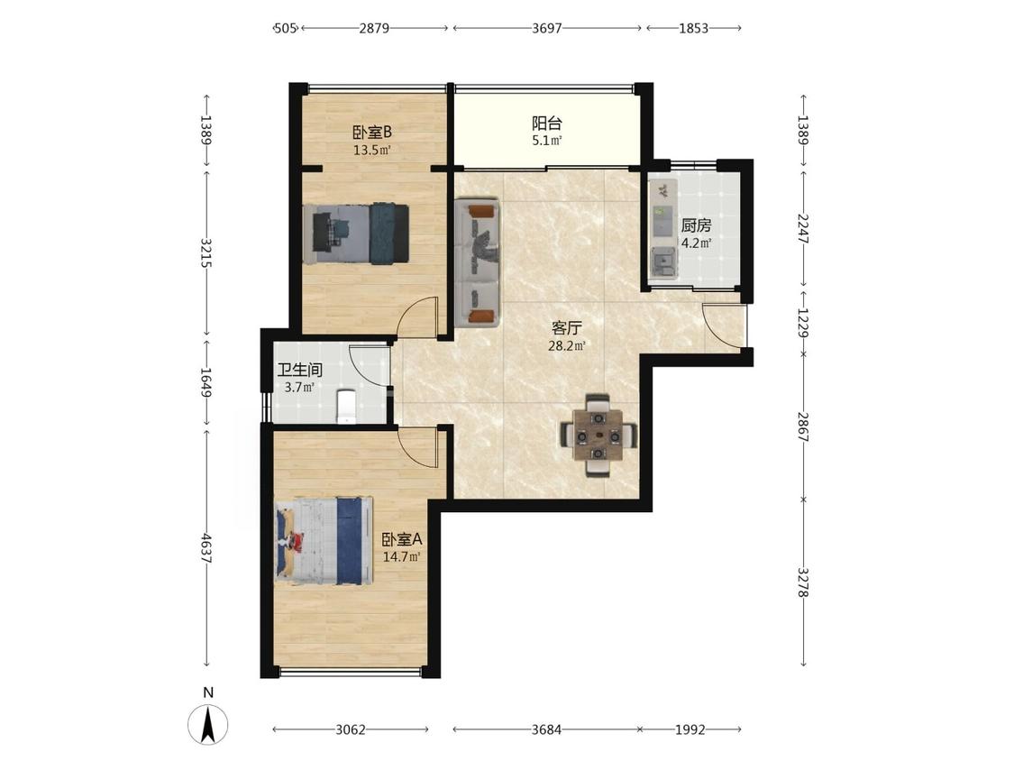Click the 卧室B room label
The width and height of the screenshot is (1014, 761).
pyautogui.click(x=372, y=132)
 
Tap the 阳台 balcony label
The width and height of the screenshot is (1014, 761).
pyautogui.click(x=546, y=123)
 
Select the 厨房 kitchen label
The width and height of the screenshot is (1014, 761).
pyautogui.click(x=696, y=225)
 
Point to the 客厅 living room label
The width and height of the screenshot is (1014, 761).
pyautogui.click(x=567, y=327)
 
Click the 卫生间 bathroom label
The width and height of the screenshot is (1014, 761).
pyautogui.click(x=299, y=371)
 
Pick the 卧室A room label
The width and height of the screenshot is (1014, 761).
pyautogui.click(x=402, y=538)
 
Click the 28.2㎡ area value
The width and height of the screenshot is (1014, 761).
pyautogui.click(x=567, y=346)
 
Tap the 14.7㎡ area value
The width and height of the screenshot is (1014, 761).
pyautogui.click(x=402, y=556)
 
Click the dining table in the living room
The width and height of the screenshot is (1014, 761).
pyautogui.click(x=598, y=435)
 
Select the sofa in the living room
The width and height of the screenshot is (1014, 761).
pyautogui.click(x=478, y=263)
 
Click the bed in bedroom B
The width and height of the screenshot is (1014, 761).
pyautogui.click(x=356, y=233)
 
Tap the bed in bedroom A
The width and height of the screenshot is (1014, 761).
pyautogui.click(x=324, y=540)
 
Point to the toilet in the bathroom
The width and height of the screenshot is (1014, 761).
pyautogui.click(x=347, y=407)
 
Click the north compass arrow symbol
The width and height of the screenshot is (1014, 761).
pyautogui.click(x=207, y=725)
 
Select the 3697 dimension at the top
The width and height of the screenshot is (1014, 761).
pyautogui.click(x=546, y=28)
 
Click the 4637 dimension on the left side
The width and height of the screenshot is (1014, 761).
pyautogui.click(x=206, y=547)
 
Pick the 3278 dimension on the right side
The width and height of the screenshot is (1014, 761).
pyautogui.click(x=802, y=582)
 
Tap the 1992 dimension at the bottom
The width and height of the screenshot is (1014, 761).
pyautogui.click(x=690, y=730)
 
